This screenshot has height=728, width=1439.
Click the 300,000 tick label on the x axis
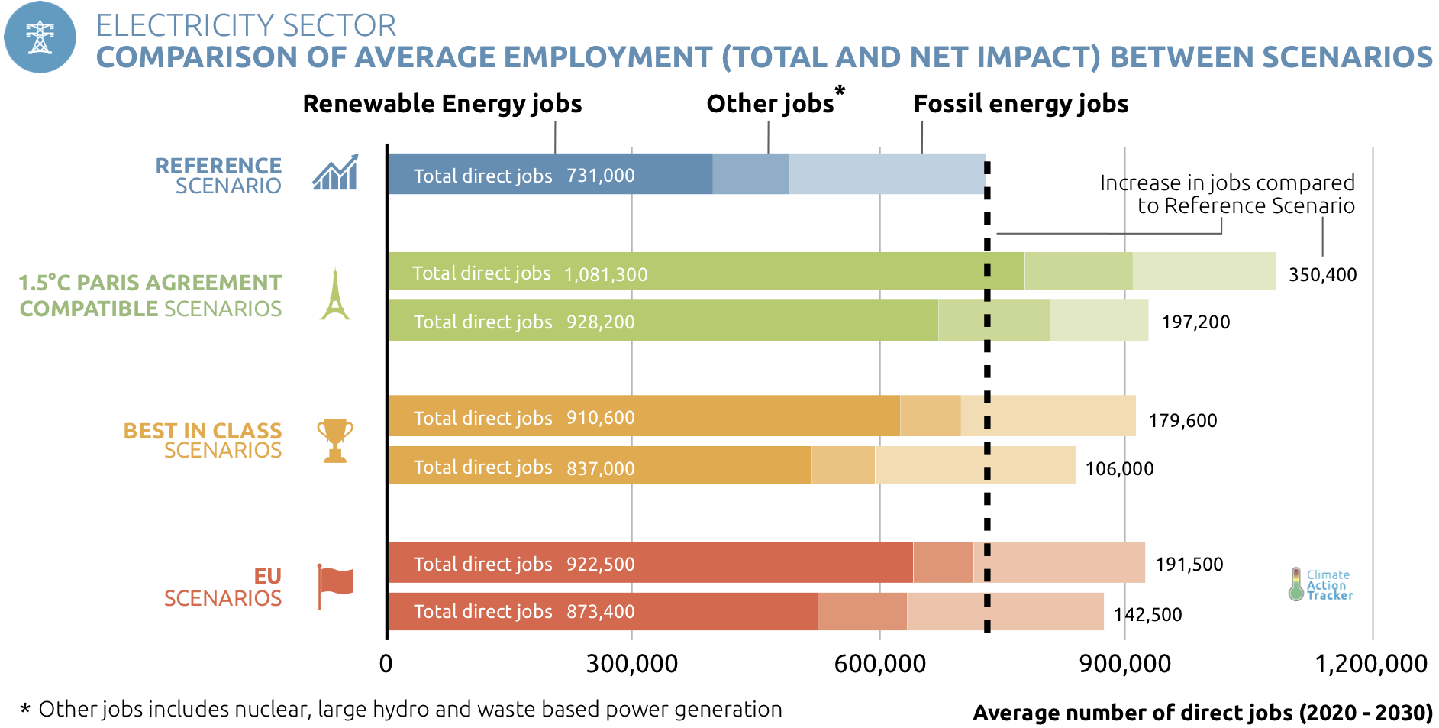(x=631, y=663)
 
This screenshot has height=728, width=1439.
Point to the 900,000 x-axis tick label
(x=1124, y=663)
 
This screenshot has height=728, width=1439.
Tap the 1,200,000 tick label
(x=1370, y=663)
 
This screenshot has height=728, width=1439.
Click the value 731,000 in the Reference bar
(x=600, y=176)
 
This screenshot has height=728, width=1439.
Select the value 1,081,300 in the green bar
(x=605, y=274)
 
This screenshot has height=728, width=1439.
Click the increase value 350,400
(x=1322, y=275)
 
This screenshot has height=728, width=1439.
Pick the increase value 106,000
(x=1119, y=468)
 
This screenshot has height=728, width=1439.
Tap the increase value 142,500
(x=1147, y=614)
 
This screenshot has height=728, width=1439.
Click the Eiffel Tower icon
(x=334, y=294)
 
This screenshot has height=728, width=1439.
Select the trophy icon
(x=335, y=440)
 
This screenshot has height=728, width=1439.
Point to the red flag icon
(x=335, y=585)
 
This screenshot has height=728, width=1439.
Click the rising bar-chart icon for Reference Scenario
(x=335, y=173)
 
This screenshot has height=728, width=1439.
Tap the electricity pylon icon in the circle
(x=40, y=37)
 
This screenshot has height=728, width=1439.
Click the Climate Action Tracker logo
(x=1320, y=584)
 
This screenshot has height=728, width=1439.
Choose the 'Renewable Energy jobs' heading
(x=442, y=104)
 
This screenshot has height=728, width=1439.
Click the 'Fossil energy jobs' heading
(x=1020, y=104)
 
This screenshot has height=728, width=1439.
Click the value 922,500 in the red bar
(x=600, y=565)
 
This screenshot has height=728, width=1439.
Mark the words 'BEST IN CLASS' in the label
(x=202, y=431)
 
